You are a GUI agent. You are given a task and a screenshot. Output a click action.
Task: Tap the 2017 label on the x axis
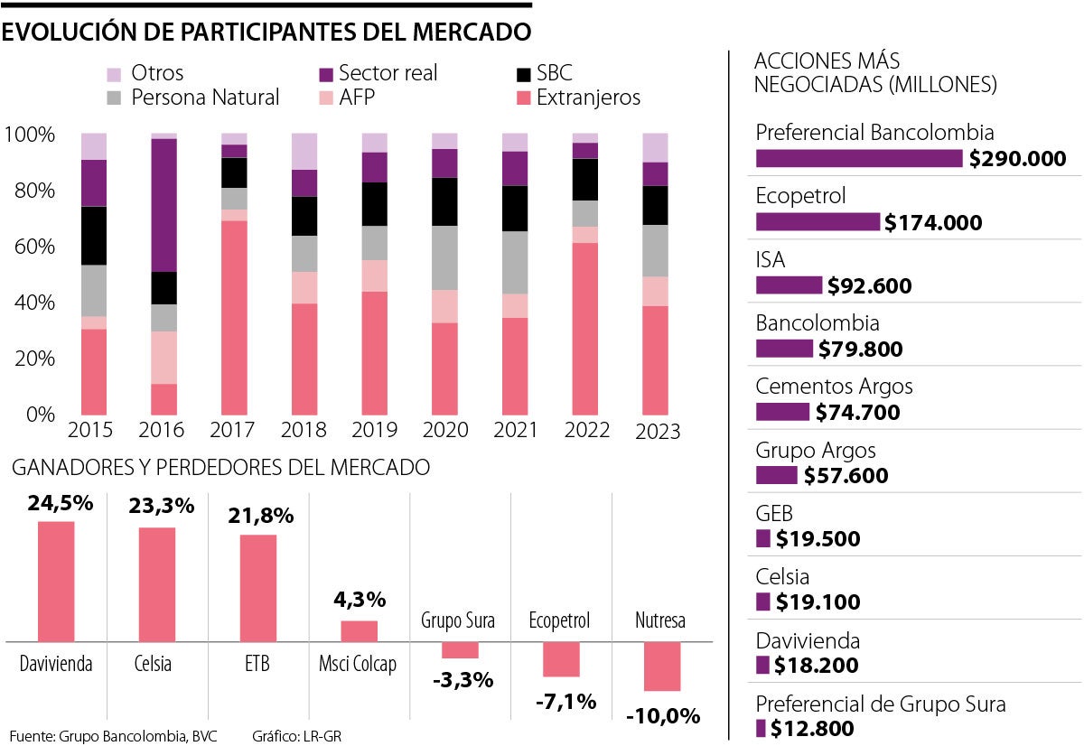233,431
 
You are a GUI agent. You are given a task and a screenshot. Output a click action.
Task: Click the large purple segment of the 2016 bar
164,205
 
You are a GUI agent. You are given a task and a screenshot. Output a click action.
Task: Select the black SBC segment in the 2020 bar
444,201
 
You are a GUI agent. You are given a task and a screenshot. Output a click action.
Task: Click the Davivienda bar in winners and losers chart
56,582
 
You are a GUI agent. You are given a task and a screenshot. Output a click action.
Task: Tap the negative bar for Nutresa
661,667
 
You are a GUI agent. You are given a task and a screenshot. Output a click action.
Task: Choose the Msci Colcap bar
359,630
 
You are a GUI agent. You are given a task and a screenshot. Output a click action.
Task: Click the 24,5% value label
60,503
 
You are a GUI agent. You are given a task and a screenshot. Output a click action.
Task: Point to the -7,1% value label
565,701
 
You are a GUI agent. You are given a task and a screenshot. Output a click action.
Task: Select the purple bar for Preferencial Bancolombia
859,159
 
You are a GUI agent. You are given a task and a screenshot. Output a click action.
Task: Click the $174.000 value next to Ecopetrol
933,223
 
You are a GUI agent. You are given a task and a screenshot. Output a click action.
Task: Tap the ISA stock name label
771,260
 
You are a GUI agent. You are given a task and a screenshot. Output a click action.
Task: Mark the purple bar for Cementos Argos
782,412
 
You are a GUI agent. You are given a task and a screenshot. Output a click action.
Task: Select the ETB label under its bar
257,666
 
